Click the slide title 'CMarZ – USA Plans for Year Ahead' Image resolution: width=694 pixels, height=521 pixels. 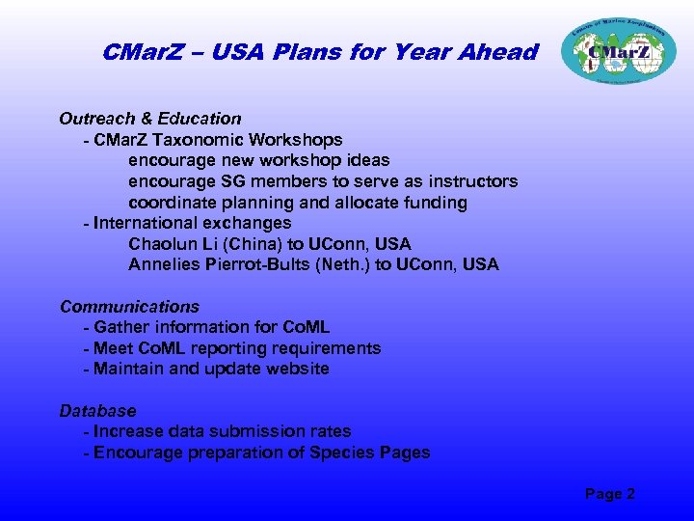tap(319, 52)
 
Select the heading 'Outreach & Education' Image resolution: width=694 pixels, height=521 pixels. tap(149, 119)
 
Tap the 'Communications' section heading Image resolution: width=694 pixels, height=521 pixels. tap(129, 307)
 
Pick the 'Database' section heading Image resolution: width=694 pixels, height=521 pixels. tap(97, 411)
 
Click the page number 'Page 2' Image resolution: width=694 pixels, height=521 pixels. tap(609, 494)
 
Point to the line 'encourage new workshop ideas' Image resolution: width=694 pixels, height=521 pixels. tap(258, 160)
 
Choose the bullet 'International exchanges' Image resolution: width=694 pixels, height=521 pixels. tap(192, 223)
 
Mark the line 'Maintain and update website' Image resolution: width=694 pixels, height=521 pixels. tap(211, 369)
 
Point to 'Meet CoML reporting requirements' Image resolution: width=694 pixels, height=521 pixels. tap(236, 348)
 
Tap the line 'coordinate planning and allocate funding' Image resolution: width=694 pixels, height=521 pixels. tap(298, 203)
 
